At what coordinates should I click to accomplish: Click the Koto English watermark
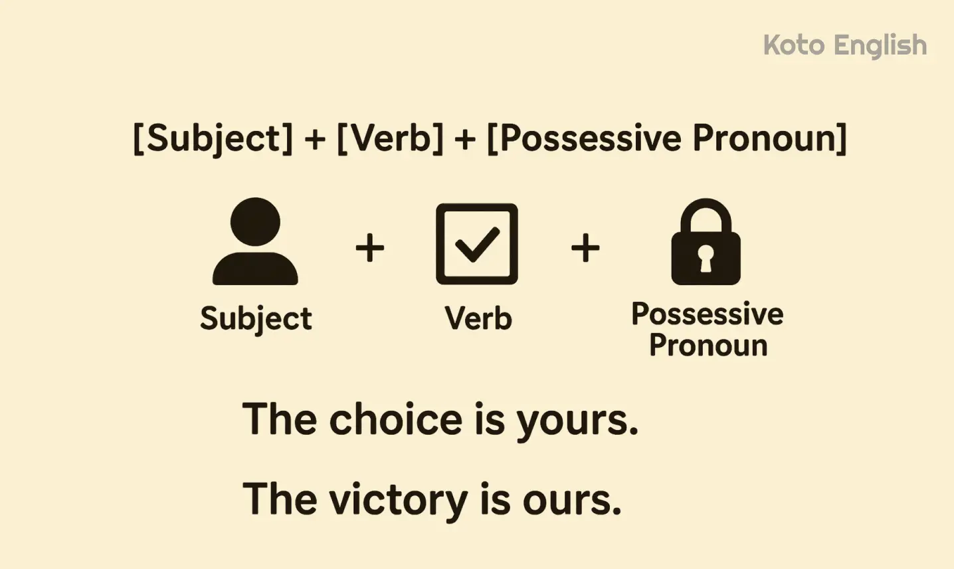click(844, 46)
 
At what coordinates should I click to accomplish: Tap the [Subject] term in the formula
click(213, 138)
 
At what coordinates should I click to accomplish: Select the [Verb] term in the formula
click(390, 138)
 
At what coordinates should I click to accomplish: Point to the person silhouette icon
click(255, 242)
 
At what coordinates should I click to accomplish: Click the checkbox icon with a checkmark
click(476, 244)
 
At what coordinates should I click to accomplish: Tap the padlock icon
click(706, 242)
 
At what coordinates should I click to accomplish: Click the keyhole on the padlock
click(706, 259)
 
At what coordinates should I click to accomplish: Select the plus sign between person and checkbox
click(370, 248)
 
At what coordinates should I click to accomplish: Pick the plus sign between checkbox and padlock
click(585, 248)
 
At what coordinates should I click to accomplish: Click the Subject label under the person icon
click(256, 318)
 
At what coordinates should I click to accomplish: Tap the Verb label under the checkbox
click(478, 318)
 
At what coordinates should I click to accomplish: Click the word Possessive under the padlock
click(707, 314)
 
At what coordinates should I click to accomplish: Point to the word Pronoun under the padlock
click(708, 345)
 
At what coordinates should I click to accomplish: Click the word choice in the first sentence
click(396, 419)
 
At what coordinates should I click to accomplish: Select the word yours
click(577, 421)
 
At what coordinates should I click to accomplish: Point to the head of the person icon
click(255, 221)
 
